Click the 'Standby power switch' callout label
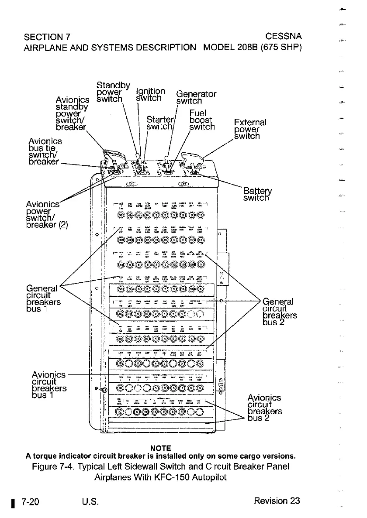(113, 92)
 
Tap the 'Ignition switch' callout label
(149, 95)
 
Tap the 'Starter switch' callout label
(160, 123)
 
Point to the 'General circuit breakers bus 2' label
(280, 312)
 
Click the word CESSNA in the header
(284, 35)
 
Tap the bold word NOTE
(160, 448)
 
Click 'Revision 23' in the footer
(277, 501)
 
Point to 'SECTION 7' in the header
(47, 35)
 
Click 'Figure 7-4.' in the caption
(53, 467)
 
